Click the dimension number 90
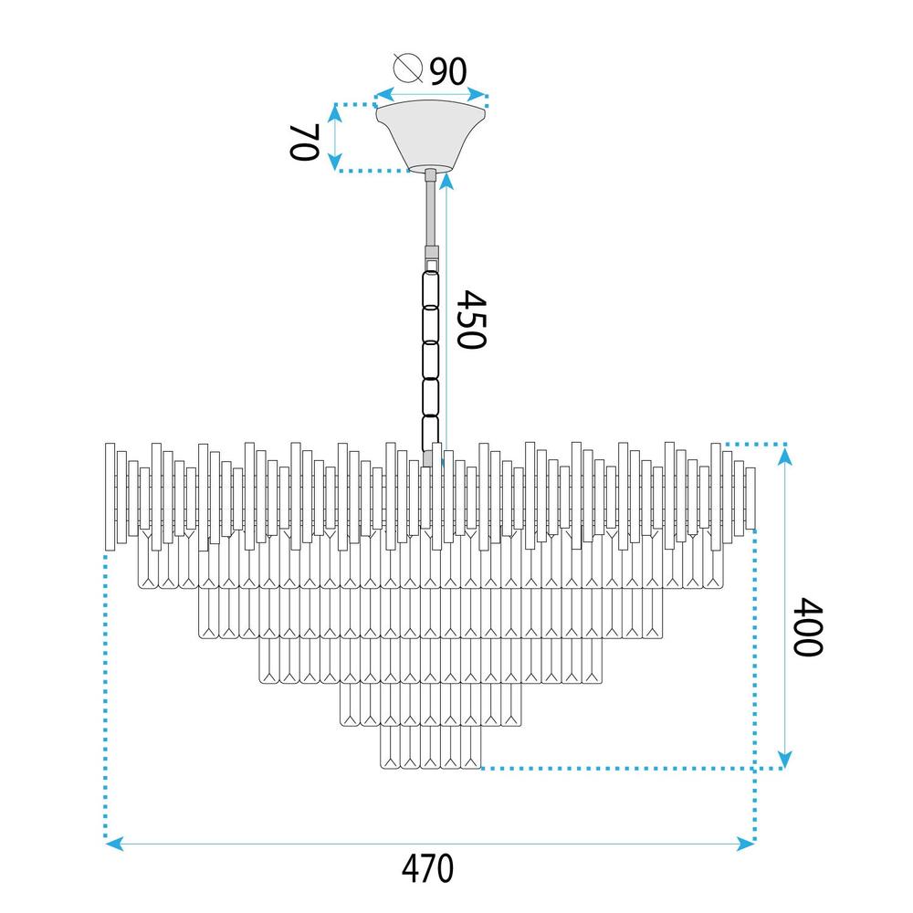tap(448, 71)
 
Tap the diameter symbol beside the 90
tap(407, 68)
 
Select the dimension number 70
tap(305, 142)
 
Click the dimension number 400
tap(808, 626)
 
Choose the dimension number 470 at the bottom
tap(427, 868)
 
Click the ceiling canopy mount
tap(430, 136)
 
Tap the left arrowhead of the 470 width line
tap(114, 843)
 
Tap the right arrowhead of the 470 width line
tap(746, 843)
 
